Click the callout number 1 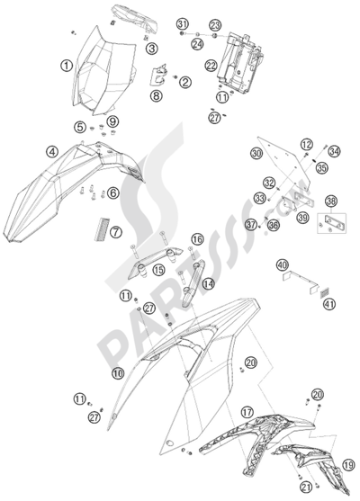click(x=66, y=65)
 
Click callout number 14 click(x=208, y=283)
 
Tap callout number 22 click(x=210, y=65)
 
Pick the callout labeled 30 click(x=256, y=155)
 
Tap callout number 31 click(x=181, y=23)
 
